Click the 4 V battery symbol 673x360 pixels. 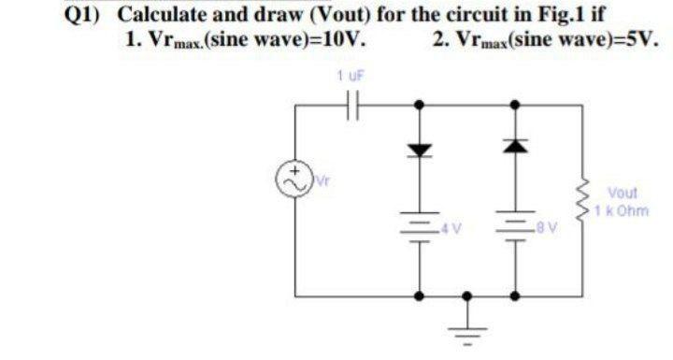point(420,228)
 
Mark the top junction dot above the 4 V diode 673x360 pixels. point(420,106)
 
